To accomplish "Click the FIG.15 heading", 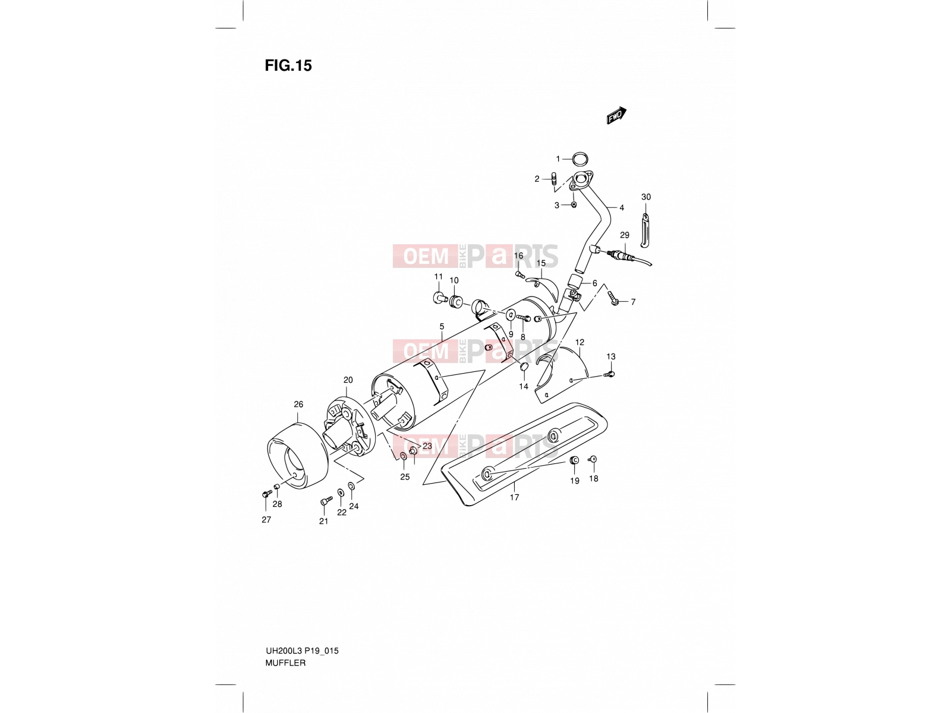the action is [x=288, y=65].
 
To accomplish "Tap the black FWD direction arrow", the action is [x=616, y=115].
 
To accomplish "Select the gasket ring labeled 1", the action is [x=580, y=159].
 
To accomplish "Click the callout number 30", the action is [x=645, y=197].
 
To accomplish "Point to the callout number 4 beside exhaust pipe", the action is [x=621, y=208].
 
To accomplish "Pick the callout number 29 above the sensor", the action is [x=624, y=235].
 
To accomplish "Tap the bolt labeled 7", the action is [x=612, y=298].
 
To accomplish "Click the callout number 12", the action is [x=580, y=342].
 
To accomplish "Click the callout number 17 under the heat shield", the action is [x=514, y=497].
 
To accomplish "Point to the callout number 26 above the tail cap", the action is [x=298, y=405].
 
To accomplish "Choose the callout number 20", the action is [x=348, y=380].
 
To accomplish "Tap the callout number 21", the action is [x=324, y=521].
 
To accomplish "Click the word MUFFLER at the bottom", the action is [x=285, y=662].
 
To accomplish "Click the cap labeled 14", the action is [x=524, y=367].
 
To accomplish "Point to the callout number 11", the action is [x=439, y=277].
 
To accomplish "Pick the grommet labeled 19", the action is [x=574, y=460].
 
